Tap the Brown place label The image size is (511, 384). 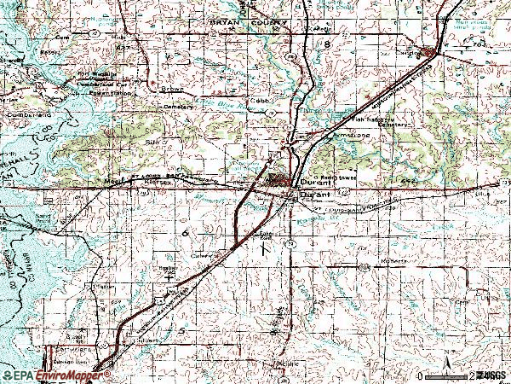tap(174, 88)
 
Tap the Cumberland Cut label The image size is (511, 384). tap(101, 86)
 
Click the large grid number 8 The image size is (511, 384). tap(324, 43)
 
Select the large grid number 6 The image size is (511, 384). tap(184, 232)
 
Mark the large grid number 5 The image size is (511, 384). tap(180, 329)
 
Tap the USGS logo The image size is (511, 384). tap(491, 375)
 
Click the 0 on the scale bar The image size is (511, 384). tap(422, 375)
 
